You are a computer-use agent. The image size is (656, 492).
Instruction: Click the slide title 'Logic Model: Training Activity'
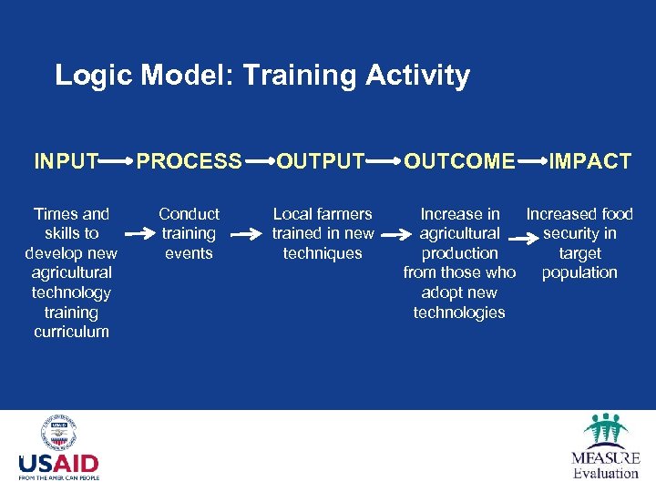click(262, 75)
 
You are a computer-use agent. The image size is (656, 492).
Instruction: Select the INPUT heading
click(67, 162)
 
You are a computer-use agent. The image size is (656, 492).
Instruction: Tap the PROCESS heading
click(190, 162)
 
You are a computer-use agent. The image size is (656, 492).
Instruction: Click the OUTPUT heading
click(321, 162)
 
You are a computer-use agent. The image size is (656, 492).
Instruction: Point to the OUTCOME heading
click(460, 162)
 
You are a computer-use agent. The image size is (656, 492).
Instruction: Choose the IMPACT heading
click(589, 162)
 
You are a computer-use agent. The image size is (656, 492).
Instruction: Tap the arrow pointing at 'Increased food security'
click(520, 241)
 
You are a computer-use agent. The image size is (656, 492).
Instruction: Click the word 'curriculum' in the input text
click(71, 332)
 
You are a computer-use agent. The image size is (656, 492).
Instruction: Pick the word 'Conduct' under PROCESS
click(189, 214)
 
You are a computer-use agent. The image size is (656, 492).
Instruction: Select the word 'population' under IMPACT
click(579, 272)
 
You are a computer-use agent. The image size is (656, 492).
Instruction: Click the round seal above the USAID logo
click(58, 433)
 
